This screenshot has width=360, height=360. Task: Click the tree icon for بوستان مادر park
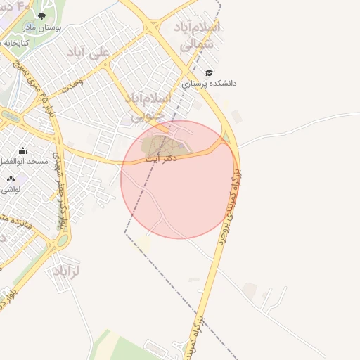click(x=41, y=15)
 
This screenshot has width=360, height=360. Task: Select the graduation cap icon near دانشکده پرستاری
click(x=209, y=72)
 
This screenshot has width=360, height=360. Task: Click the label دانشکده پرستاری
click(x=210, y=83)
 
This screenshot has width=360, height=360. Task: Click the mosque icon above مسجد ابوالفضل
click(x=22, y=150)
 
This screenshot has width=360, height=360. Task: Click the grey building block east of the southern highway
click(x=250, y=290)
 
